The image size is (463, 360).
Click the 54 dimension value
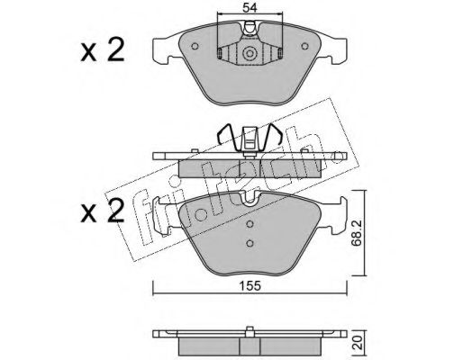coord(250,8)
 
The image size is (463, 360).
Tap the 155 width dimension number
coord(250,286)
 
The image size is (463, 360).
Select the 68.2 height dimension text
coord(357,232)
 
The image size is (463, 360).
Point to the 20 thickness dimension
coord(357,343)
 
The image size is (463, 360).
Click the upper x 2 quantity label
coord(103,50)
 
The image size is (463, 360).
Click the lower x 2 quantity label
coord(103,211)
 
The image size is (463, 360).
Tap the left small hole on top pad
coord(195,46)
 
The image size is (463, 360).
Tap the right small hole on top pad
coord(304,46)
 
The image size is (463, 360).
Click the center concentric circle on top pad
coord(250,54)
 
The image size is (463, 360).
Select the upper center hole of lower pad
coord(250,224)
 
